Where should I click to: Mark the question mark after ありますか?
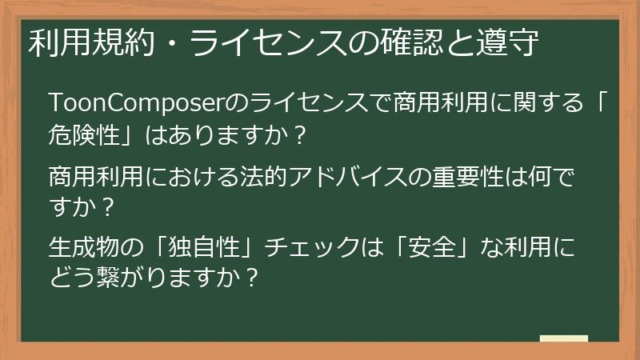(295, 136)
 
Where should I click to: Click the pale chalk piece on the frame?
(563, 339)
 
